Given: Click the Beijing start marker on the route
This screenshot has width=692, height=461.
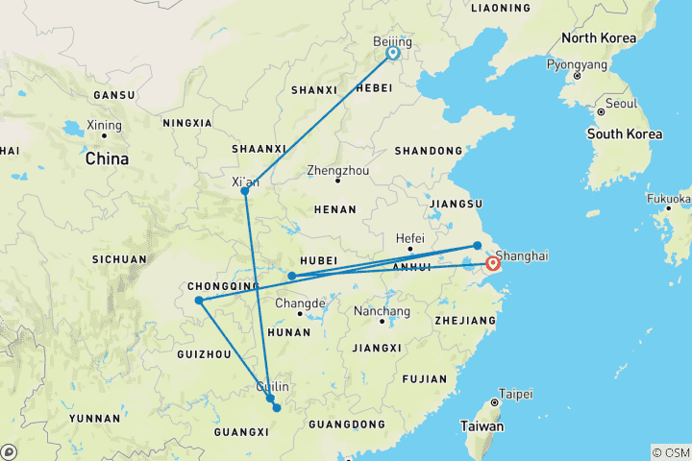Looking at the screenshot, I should tap(393, 54).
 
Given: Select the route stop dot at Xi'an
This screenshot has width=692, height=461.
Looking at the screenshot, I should tap(245, 191).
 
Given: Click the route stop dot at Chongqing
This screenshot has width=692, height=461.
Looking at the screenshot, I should tap(199, 301).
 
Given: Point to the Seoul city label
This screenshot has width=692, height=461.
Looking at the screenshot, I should tap(622, 103).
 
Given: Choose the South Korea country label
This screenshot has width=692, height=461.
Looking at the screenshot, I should tap(625, 133).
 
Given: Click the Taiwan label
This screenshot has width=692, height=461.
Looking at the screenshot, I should tap(482, 425).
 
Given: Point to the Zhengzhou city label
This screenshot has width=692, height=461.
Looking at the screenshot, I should tap(337, 170).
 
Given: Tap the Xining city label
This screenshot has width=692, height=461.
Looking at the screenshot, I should tap(104, 125).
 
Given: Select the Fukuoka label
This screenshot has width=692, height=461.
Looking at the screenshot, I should tap(671, 200).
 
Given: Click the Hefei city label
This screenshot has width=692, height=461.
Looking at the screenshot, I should tap(410, 237).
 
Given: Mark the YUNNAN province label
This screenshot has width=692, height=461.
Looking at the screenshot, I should tap(94, 418).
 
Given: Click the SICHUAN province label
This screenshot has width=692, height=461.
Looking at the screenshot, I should tap(120, 259).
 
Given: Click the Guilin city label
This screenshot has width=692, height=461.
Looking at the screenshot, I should tap(272, 386).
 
